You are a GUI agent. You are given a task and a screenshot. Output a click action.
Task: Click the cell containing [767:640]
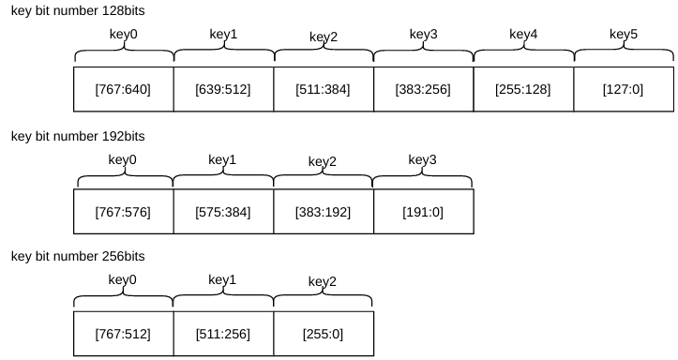click(x=124, y=89)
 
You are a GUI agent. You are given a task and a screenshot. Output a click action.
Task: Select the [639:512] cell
click(x=223, y=89)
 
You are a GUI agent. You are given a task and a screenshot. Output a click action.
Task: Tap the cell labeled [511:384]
click(x=324, y=89)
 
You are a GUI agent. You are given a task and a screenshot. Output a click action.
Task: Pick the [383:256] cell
click(x=423, y=89)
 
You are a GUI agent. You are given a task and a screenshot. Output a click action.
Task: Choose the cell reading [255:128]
click(x=523, y=89)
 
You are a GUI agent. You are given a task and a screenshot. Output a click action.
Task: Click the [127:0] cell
click(x=624, y=89)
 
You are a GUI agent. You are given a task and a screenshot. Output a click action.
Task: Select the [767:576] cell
click(x=124, y=212)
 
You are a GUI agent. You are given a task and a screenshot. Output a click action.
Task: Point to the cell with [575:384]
click(x=223, y=212)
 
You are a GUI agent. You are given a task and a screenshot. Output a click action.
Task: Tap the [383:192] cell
click(x=324, y=212)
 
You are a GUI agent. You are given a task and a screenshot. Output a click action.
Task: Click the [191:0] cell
click(x=423, y=212)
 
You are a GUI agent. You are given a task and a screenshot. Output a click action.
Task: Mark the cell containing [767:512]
click(x=124, y=334)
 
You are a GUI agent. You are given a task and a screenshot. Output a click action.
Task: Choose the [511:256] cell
click(x=223, y=334)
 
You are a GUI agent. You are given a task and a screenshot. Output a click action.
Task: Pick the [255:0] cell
click(x=324, y=334)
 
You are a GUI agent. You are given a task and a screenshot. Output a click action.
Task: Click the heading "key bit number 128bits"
click(x=78, y=11)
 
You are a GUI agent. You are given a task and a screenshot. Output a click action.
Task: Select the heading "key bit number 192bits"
click(x=78, y=136)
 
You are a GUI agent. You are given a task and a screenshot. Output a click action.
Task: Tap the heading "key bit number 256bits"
click(x=78, y=256)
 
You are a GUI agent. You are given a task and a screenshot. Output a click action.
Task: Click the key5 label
click(x=624, y=34)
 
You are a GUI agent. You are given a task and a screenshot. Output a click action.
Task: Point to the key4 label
click(x=523, y=34)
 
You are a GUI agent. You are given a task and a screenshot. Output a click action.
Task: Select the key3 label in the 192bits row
click(x=422, y=160)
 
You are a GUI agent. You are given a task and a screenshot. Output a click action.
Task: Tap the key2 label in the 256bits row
click(x=323, y=282)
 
